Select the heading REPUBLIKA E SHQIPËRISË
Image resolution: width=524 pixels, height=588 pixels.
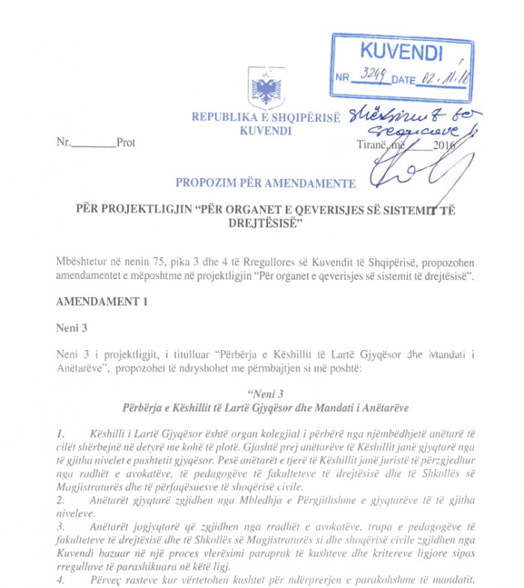265,117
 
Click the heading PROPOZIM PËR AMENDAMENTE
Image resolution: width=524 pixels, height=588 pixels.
265,183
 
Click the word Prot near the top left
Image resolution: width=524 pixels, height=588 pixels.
126,143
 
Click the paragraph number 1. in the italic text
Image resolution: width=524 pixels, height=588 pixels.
61,434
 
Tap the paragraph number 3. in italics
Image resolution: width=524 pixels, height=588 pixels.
61,527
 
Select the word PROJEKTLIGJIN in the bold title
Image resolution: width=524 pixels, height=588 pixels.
147,209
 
